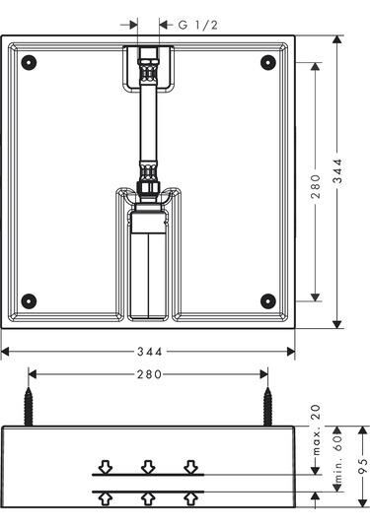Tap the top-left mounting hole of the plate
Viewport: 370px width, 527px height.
pos(30,62)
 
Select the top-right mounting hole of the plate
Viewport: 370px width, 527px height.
pos(266,62)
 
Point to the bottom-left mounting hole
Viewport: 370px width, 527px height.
pos(30,300)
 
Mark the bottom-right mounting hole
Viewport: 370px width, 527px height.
pos(266,300)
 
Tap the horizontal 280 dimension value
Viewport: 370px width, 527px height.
pos(148,374)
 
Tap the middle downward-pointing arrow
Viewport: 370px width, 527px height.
pos(148,466)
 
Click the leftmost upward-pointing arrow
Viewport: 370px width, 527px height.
pos(106,498)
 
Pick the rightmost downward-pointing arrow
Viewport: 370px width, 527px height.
pos(190,466)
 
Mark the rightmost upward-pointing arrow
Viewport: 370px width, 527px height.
pos(190,498)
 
